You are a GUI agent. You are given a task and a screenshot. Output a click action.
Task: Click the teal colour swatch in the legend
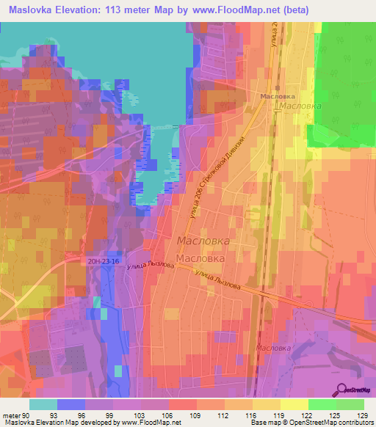(43, 404)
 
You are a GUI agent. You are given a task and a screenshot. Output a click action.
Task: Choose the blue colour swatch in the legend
(70, 404)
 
